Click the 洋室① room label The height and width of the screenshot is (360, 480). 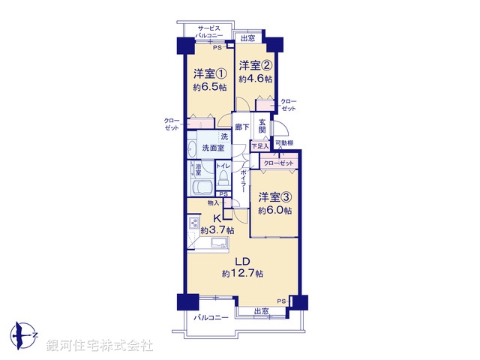tap(210, 74)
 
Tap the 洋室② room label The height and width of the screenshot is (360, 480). tap(255, 65)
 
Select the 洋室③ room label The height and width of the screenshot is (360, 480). tap(275, 197)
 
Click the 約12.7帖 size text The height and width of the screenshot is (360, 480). tap(242, 274)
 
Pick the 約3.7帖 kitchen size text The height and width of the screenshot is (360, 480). tap(217, 230)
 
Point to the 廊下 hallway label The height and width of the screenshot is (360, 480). tap(241, 127)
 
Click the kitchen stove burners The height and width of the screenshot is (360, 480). tap(194, 223)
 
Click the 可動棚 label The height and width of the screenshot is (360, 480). tap(283, 143)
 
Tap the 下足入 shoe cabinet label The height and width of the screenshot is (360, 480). tap(259, 146)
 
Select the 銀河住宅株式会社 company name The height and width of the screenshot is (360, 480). tap(100, 346)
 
